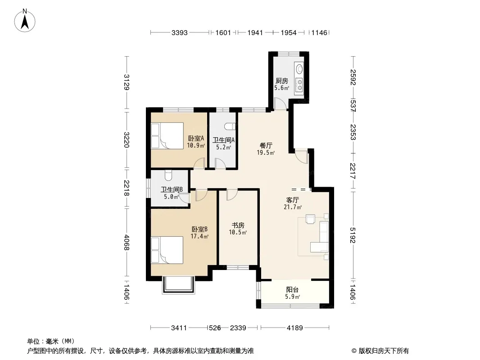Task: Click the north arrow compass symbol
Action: (x=25, y=21)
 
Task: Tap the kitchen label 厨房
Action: (x=281, y=81)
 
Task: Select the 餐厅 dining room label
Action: (x=266, y=146)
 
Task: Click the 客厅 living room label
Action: (x=292, y=200)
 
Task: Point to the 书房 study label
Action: (x=238, y=225)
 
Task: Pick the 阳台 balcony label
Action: (x=292, y=290)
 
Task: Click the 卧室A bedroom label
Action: (x=196, y=139)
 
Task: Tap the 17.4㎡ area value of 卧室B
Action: (x=199, y=236)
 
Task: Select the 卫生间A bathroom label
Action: (x=224, y=140)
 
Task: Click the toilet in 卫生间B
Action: (x=169, y=175)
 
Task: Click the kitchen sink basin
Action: (x=299, y=69)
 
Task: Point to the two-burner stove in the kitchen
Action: (x=299, y=85)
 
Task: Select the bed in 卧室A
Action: (x=167, y=136)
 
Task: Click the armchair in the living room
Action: (x=310, y=219)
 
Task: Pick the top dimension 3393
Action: (x=179, y=32)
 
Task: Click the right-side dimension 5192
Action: (x=353, y=235)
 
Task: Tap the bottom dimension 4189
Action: (x=295, y=328)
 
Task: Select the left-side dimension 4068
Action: (x=127, y=243)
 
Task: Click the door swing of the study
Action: (x=232, y=195)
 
